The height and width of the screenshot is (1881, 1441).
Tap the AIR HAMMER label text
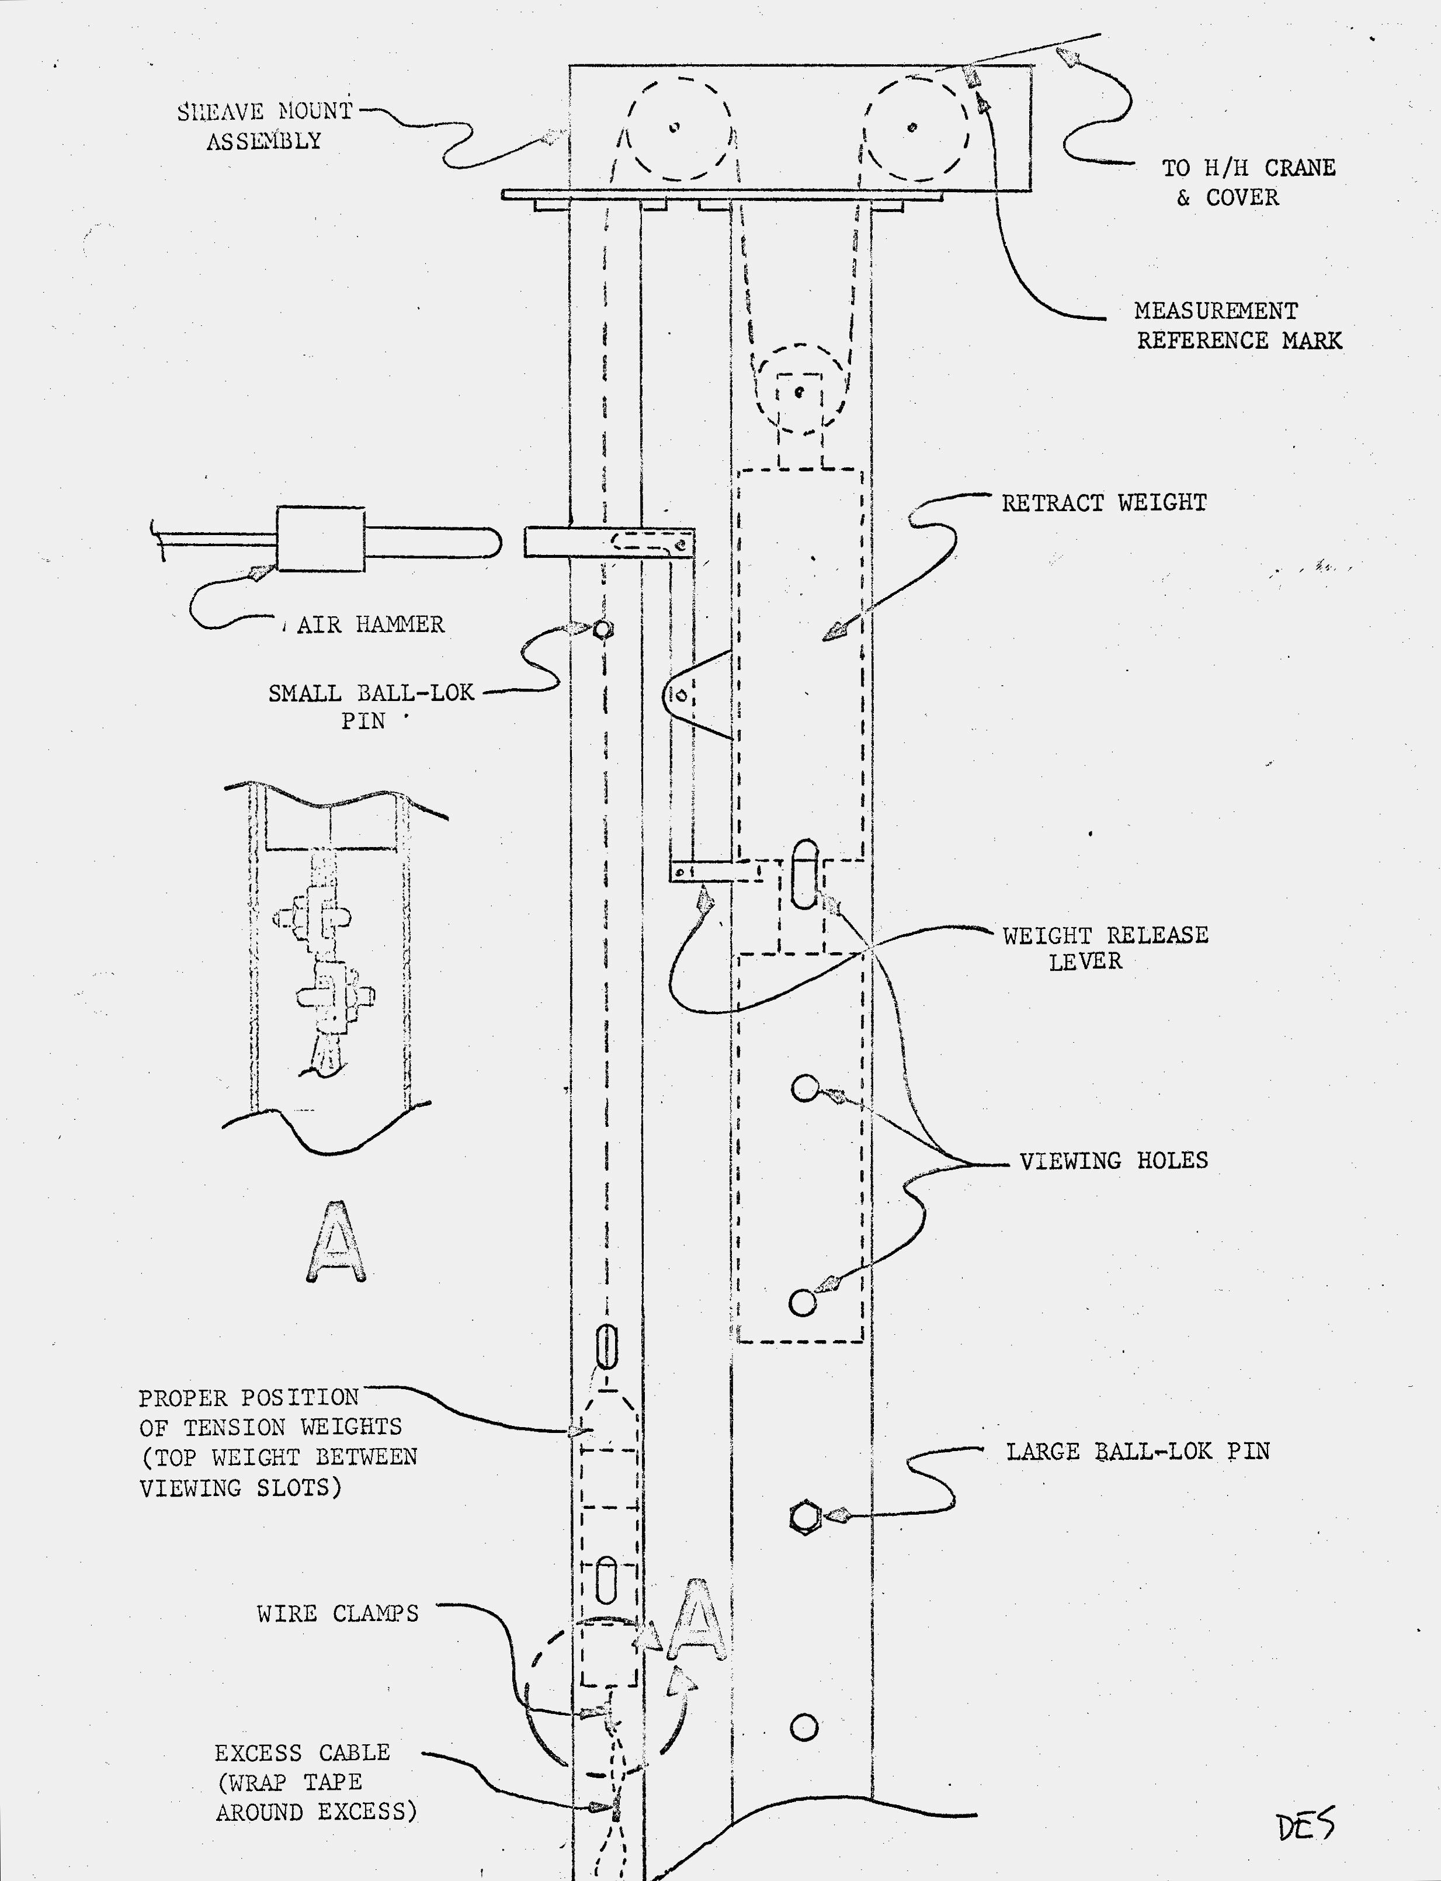click(370, 624)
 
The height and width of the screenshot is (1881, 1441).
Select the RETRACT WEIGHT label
click(1104, 502)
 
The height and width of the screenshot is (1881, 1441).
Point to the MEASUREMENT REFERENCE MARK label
click(1237, 326)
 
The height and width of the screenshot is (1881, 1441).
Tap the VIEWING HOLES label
click(1113, 1161)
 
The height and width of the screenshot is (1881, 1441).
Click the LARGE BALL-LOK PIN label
click(1137, 1451)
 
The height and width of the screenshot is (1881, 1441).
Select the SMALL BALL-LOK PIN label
click(370, 706)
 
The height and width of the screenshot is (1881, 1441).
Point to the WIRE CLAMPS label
click(337, 1613)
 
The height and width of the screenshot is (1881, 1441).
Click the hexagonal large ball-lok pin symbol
click(804, 1517)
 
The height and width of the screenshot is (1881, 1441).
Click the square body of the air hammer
click(320, 539)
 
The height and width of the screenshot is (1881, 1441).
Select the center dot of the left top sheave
click(674, 128)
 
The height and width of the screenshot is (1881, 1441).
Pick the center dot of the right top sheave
click(912, 128)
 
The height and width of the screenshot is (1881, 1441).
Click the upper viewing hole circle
click(804, 1088)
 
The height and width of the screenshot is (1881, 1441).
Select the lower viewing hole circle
click(802, 1303)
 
